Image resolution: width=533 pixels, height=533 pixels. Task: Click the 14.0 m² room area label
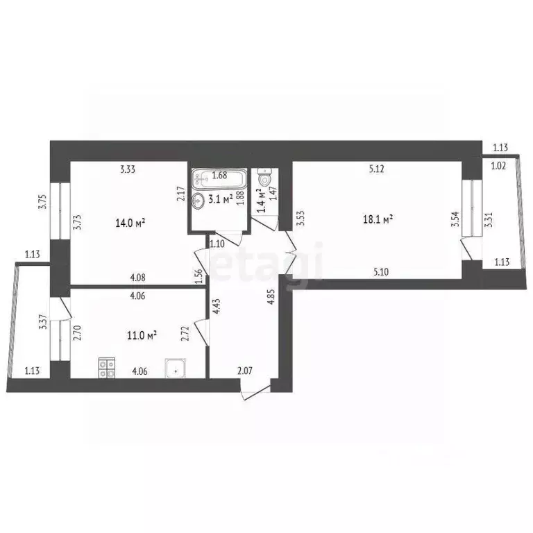[x=130, y=223]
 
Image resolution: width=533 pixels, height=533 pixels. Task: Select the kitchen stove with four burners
[x=106, y=367]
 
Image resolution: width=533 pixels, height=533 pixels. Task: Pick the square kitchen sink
[x=175, y=369]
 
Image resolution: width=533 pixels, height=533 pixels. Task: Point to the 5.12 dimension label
[x=376, y=167]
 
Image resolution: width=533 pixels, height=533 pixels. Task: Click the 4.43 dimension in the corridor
[x=218, y=307]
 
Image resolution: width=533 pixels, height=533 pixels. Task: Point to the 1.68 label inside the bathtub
[x=220, y=176]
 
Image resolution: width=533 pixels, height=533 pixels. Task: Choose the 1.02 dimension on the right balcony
[x=498, y=166]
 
